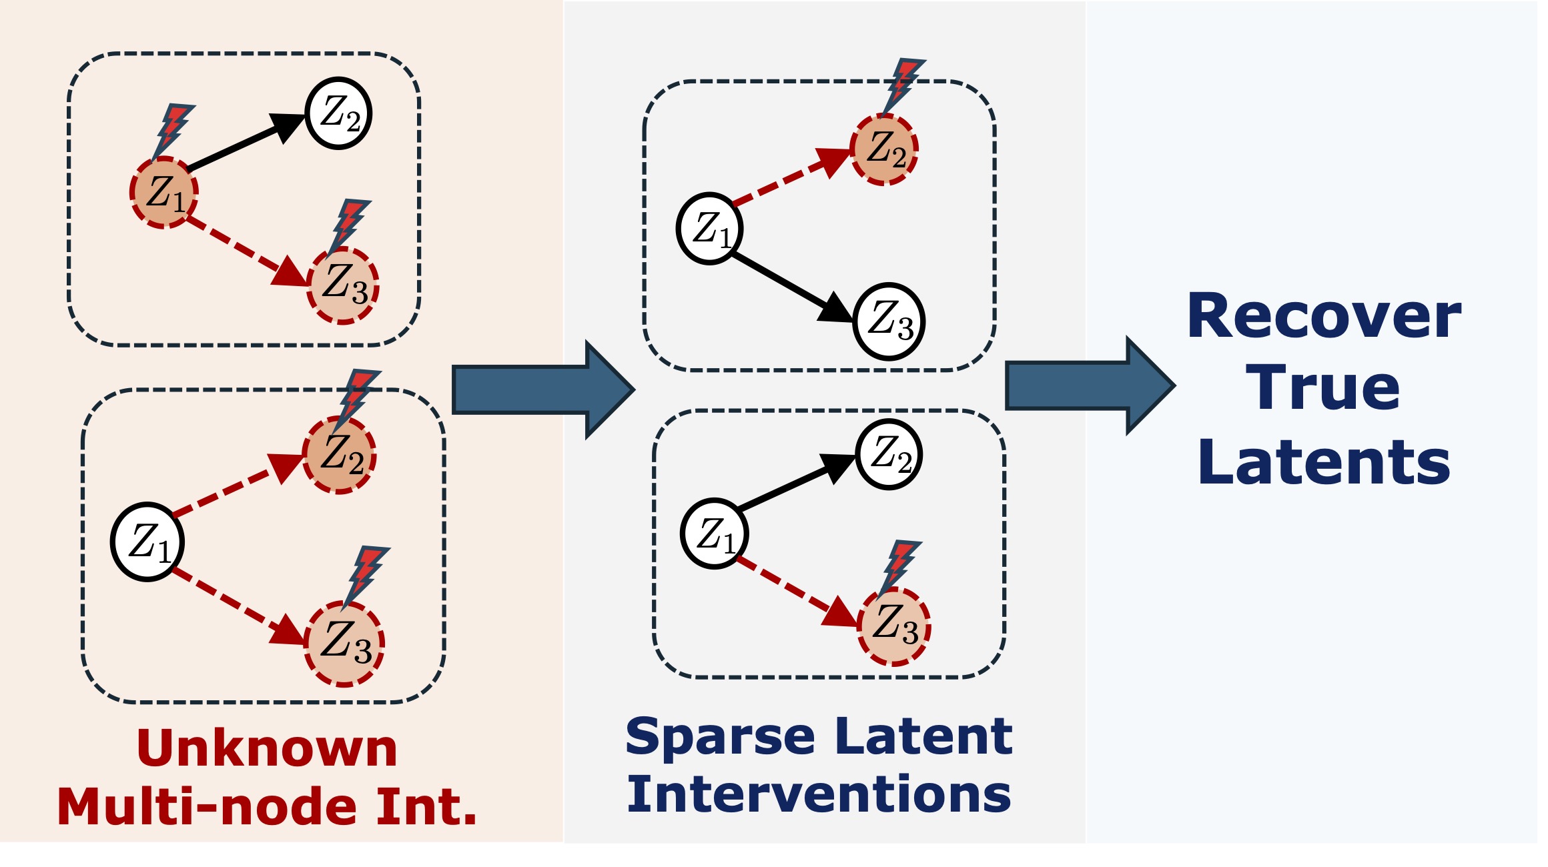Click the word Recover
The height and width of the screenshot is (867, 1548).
pyautogui.click(x=1324, y=317)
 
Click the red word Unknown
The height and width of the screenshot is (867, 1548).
pyautogui.click(x=267, y=748)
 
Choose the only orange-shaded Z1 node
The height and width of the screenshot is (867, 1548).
pyautogui.click(x=163, y=193)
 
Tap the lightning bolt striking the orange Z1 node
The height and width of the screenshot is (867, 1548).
pyautogui.click(x=171, y=130)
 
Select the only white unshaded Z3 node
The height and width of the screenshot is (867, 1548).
pyautogui.click(x=889, y=321)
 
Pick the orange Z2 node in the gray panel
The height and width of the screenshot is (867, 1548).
pyautogui.click(x=884, y=149)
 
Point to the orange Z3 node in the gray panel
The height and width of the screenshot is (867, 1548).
pyautogui.click(x=894, y=627)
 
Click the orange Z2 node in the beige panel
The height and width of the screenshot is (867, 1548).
pyautogui.click(x=340, y=456)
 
